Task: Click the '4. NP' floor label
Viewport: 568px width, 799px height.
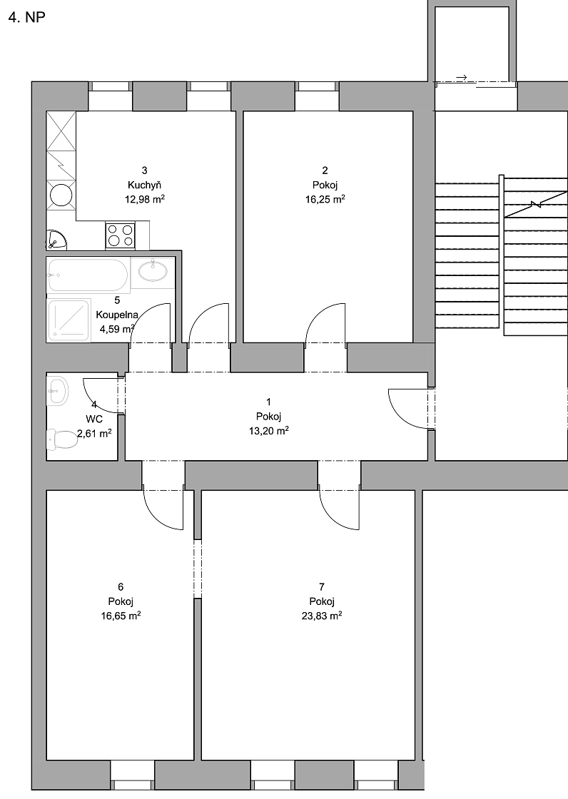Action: point(27,17)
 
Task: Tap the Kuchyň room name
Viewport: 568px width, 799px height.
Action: point(144,185)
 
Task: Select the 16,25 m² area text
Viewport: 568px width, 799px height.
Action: point(325,199)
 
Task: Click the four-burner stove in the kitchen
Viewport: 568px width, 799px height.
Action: point(121,235)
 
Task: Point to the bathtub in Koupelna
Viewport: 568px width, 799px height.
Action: point(88,275)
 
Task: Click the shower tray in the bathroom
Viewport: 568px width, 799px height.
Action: point(69,320)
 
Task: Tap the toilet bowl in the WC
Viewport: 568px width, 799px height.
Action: point(61,439)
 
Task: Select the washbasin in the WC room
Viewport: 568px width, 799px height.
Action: point(57,391)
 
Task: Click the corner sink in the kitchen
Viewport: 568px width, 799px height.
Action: point(56,240)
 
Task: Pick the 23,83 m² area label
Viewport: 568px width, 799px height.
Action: point(321,616)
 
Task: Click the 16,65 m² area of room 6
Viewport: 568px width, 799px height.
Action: point(121,616)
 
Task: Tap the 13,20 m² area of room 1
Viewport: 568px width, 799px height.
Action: point(269,431)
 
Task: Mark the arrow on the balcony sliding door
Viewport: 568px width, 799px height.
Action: point(462,78)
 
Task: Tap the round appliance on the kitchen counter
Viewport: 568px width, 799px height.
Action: point(61,195)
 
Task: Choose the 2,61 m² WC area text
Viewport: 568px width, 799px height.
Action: point(94,434)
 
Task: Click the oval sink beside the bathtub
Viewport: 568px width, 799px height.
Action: point(153,270)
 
